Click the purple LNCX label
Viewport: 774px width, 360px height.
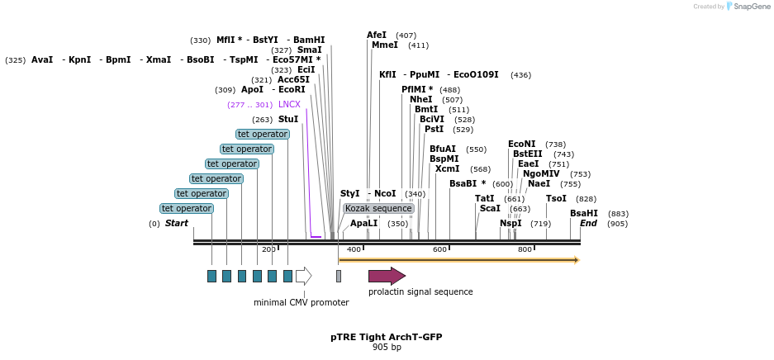coord(289,105)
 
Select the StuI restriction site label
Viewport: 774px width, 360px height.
coord(288,120)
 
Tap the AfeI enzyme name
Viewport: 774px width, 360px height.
coord(377,36)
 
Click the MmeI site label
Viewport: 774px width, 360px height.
coord(384,45)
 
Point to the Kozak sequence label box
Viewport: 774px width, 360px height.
coord(378,209)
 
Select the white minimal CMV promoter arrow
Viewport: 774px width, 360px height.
coord(303,276)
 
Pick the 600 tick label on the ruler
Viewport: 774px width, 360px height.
coord(439,249)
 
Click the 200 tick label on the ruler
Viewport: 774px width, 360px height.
coord(269,249)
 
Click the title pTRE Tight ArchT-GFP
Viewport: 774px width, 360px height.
coord(386,338)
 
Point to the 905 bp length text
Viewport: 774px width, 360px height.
coord(386,348)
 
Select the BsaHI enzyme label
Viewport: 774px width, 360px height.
coord(583,214)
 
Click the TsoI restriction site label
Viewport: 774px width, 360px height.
coord(556,199)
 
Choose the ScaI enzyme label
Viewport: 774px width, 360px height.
coord(490,209)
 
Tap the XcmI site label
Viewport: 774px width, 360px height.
coord(447,169)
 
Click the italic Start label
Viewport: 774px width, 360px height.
coord(176,224)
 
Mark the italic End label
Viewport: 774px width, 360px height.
coord(588,224)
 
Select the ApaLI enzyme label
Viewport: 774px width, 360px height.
coord(363,224)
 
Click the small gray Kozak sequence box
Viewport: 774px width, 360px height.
coord(338,276)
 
